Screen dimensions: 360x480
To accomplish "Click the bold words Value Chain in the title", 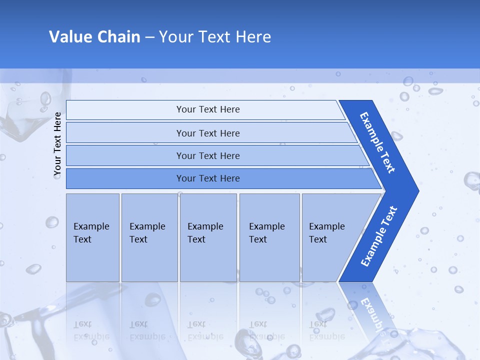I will pyautogui.click(x=94, y=37).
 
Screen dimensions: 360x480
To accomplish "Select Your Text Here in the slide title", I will pyautogui.click(x=215, y=37).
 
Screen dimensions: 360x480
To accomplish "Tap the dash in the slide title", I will pyautogui.click(x=149, y=37).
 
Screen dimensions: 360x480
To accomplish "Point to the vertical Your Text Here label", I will pyautogui.click(x=57, y=144).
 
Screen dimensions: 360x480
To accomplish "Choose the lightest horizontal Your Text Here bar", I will pyautogui.click(x=208, y=109).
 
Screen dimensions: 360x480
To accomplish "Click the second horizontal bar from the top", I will pyautogui.click(x=208, y=133).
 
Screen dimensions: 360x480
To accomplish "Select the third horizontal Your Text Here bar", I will pyautogui.click(x=208, y=155).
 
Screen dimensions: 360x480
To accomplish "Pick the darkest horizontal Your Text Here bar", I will pyautogui.click(x=208, y=178).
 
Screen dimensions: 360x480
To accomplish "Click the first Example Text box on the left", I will pyautogui.click(x=92, y=237).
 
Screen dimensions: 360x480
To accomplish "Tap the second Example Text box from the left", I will pyautogui.click(x=149, y=237).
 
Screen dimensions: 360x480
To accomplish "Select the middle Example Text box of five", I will pyautogui.click(x=208, y=237).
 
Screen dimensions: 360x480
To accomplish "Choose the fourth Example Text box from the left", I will pyautogui.click(x=269, y=237).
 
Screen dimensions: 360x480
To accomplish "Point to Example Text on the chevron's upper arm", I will pyautogui.click(x=378, y=142).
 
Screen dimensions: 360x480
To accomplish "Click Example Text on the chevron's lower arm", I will pyautogui.click(x=379, y=236).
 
